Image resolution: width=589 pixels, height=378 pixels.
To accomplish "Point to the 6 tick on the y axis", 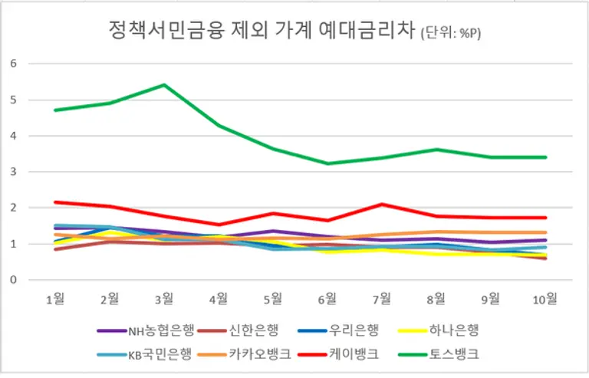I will [13, 64].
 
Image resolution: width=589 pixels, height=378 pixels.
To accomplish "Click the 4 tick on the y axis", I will [13, 136].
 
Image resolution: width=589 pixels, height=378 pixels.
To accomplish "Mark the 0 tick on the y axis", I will [13, 280].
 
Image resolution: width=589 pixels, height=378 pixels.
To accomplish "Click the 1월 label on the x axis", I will [54, 298].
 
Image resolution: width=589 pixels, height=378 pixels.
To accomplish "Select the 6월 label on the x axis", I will [327, 298].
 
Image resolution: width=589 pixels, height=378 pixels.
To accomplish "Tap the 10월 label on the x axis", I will [545, 298].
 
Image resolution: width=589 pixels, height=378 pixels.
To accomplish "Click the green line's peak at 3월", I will [164, 84].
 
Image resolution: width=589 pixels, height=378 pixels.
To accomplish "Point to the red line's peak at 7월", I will [382, 204].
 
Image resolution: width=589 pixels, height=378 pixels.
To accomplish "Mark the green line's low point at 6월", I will [327, 163].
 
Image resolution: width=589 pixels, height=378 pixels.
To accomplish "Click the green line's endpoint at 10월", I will [545, 157].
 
